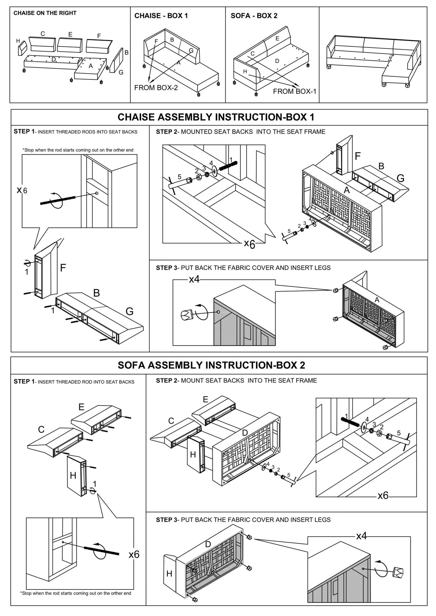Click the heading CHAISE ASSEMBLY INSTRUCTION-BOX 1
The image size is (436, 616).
[x=216, y=117]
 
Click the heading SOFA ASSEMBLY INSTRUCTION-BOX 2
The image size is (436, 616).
[x=211, y=365]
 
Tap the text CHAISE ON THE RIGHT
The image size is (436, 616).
[x=45, y=13]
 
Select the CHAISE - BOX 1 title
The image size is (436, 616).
[x=161, y=16]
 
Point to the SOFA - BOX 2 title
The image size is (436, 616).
[x=254, y=16]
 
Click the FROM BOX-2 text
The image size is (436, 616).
[x=156, y=88]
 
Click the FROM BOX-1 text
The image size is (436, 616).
[x=294, y=92]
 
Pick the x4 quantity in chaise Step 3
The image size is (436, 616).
[x=194, y=279]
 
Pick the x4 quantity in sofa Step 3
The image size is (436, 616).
[x=361, y=536]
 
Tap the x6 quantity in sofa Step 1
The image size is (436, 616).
[x=134, y=555]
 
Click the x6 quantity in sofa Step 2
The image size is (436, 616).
[x=383, y=496]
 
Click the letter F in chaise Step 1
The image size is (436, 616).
[x=63, y=268]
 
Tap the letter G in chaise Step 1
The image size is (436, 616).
[x=129, y=311]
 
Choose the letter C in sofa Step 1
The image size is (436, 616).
[x=41, y=429]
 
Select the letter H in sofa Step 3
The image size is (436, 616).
[x=169, y=574]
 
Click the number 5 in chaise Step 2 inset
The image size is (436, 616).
[x=180, y=177]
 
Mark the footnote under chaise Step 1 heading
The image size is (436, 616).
[x=78, y=150]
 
